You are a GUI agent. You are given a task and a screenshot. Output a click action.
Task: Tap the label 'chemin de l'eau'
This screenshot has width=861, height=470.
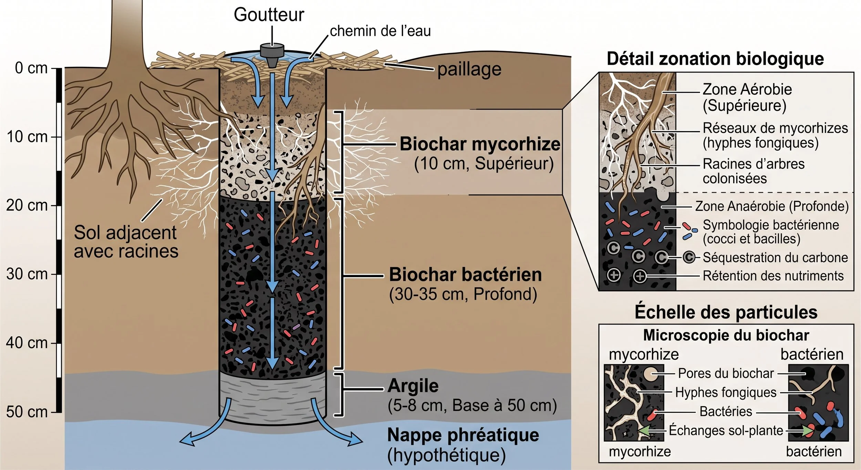point(380,31)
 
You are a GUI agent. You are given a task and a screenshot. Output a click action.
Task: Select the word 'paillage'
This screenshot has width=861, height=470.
point(469,70)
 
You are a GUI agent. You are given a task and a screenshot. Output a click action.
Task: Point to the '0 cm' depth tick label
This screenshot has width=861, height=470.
point(31,68)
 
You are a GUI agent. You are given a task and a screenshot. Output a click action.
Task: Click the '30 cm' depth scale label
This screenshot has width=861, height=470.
point(27,274)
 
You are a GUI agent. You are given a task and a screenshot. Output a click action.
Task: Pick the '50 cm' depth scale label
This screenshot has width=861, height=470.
point(27,412)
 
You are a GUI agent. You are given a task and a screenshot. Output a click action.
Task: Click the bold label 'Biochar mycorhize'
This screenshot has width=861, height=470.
point(480,144)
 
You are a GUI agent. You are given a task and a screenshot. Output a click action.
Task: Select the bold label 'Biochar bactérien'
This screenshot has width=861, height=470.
point(465,275)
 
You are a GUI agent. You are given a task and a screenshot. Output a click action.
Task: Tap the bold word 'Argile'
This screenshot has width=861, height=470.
point(413,386)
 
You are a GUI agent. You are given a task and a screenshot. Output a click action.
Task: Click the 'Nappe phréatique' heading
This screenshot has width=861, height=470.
point(463,435)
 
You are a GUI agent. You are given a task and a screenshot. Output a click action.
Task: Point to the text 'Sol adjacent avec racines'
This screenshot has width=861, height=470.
point(126,242)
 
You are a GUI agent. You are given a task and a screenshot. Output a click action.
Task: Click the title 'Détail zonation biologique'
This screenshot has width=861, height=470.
point(715,59)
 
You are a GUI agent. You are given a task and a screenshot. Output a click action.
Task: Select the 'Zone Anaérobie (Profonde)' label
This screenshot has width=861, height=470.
point(772,206)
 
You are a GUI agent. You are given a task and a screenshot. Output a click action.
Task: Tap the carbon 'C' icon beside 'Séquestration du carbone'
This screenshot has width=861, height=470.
point(689,257)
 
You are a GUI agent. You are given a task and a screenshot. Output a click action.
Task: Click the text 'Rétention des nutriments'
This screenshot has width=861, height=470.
point(773,276)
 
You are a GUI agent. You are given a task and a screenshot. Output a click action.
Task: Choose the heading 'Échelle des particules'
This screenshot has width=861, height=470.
point(726,312)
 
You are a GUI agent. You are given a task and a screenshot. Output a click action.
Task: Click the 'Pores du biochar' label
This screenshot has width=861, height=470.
point(726,373)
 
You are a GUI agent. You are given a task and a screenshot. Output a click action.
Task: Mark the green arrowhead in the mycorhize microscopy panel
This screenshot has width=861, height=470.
point(644,431)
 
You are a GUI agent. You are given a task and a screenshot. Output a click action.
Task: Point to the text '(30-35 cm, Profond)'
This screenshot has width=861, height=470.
point(463,294)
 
